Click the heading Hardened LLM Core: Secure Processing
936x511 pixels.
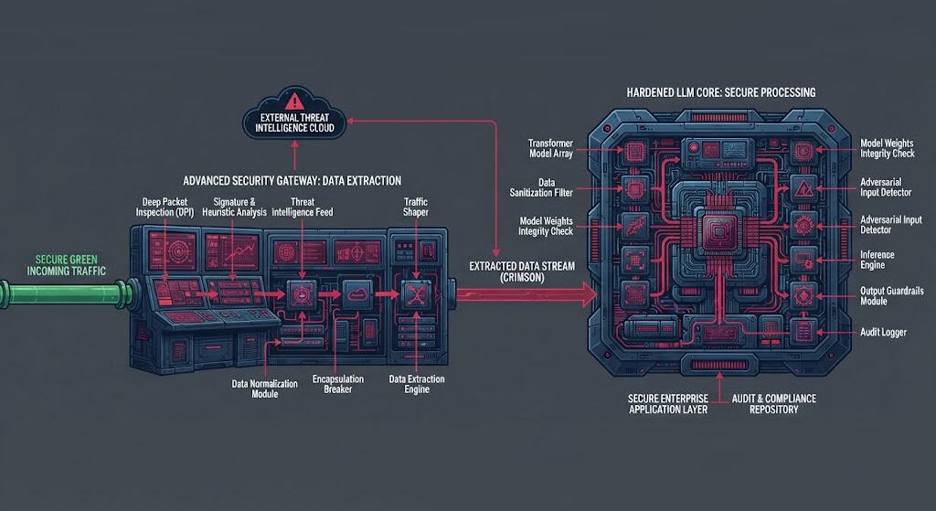coord(721,92)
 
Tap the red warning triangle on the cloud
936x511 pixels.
coord(294,101)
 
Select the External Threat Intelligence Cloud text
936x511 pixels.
coord(295,123)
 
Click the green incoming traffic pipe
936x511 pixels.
coord(67,294)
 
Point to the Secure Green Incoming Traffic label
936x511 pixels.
coord(66,265)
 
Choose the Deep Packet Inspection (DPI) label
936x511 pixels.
coord(165,208)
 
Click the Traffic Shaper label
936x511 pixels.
coord(416,208)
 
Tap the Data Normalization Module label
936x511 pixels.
coord(264,389)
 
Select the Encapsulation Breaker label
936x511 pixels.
coord(338,384)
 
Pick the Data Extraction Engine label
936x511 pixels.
coord(417,384)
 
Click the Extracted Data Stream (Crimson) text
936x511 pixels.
coord(522,271)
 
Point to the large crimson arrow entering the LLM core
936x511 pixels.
coord(526,293)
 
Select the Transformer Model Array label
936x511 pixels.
coord(550,148)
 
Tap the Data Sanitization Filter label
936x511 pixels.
coord(541,187)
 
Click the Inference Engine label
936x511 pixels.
coord(877,260)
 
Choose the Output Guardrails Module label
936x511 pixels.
coord(892,296)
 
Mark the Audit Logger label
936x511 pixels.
coord(883,333)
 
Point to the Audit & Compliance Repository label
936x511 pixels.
coord(773,403)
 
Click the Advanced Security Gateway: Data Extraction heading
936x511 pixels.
coord(292,181)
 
